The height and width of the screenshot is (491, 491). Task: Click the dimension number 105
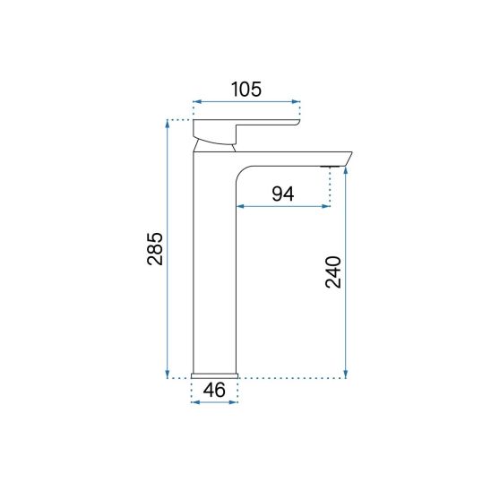click(245, 89)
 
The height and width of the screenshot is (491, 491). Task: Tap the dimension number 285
click(155, 249)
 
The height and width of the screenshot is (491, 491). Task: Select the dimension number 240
click(333, 272)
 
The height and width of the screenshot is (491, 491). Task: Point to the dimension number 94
click(283, 194)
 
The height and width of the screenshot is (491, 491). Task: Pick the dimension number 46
click(214, 390)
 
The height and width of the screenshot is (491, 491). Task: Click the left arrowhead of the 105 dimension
click(197, 101)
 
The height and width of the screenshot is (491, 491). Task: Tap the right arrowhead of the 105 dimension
click(296, 101)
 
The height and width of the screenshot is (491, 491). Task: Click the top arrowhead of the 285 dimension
click(168, 125)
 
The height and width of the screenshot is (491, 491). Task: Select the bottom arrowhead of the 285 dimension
click(168, 374)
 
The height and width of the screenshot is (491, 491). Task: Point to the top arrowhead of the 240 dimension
click(346, 171)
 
